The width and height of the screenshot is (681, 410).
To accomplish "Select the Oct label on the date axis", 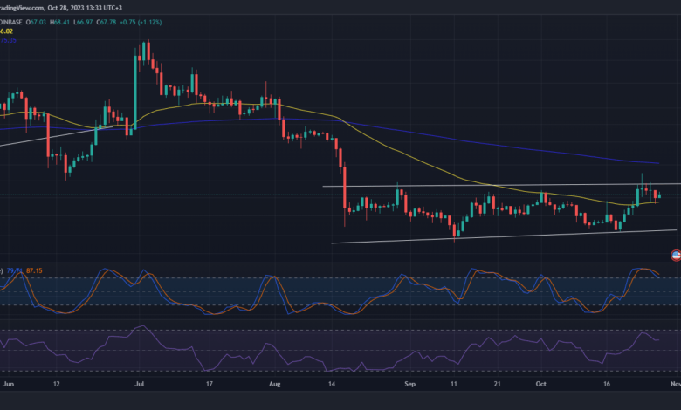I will pos(541,382).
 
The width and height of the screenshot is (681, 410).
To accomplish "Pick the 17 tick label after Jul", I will pos(210,382).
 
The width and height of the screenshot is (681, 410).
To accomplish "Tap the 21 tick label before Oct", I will pos(494,382).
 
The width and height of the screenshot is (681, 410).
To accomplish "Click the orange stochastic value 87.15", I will pos(36,270).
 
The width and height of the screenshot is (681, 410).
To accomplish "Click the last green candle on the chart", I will pos(660,196).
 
